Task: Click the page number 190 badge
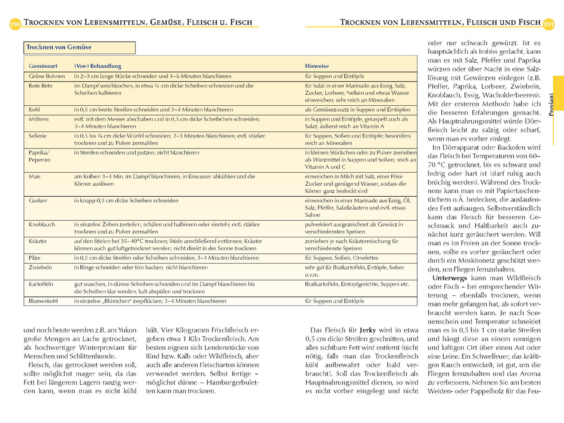[x=15, y=24]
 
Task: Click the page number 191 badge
[x=549, y=24]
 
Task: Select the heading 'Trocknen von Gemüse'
[x=59, y=47]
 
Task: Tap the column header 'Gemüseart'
[x=43, y=66]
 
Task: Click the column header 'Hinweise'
[x=317, y=66]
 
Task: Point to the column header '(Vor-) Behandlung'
[x=98, y=66]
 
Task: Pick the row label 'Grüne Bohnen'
[x=47, y=76]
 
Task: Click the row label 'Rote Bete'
[x=41, y=85]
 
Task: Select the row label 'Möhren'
[x=39, y=119]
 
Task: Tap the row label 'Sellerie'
[x=38, y=136]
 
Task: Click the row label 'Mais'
[x=35, y=176]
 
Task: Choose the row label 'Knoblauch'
[x=42, y=225]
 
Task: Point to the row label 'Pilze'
[x=35, y=258]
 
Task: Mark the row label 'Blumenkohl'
[x=43, y=301]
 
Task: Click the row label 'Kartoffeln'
[x=41, y=284]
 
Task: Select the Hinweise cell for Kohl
[x=358, y=110]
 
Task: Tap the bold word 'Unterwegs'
[x=449, y=278]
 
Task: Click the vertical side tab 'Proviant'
[x=551, y=104]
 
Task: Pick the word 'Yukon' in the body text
[x=127, y=330]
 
